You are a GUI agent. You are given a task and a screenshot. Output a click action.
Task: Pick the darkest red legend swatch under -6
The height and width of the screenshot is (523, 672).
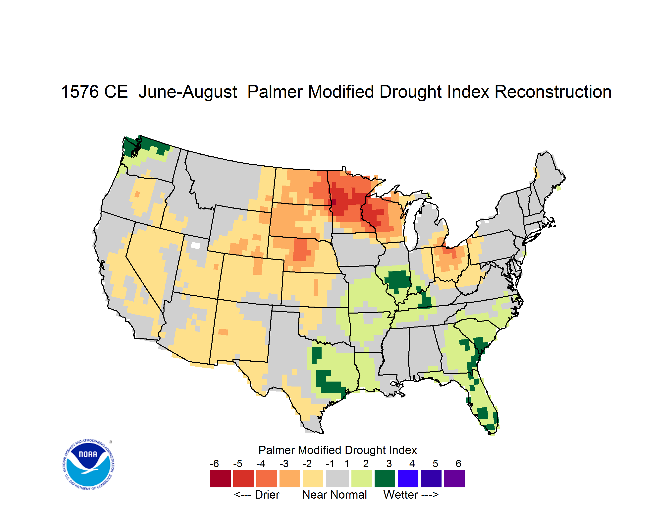[x=220, y=478]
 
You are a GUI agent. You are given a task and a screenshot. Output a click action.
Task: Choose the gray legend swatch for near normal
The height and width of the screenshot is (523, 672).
[x=337, y=478]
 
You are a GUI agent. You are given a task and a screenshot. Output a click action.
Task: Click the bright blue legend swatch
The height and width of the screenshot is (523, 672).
[x=408, y=478]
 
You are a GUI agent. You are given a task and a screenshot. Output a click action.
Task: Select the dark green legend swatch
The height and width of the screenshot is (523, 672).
[x=385, y=478]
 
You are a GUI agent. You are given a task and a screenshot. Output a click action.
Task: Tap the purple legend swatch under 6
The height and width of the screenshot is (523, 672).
[x=454, y=478]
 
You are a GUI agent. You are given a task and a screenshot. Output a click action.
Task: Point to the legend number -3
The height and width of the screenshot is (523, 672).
[x=284, y=463]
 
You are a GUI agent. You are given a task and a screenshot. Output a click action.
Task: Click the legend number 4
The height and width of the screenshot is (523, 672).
[x=412, y=463]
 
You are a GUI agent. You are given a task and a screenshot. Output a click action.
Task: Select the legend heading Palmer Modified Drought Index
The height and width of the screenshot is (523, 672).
[x=337, y=450]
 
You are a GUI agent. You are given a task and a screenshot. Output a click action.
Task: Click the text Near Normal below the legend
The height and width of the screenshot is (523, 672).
[x=335, y=495]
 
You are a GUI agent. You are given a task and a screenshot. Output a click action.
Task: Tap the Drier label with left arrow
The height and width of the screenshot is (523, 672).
[x=257, y=495]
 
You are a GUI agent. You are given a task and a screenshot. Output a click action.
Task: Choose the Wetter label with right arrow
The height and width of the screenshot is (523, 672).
[x=411, y=495]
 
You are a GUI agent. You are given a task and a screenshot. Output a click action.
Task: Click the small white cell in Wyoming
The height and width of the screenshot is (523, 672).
[x=195, y=245]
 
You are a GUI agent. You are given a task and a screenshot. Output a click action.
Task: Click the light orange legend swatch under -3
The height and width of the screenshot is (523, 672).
[x=289, y=478]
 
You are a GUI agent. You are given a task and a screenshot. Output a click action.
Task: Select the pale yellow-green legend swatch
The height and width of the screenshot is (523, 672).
[x=362, y=478]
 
